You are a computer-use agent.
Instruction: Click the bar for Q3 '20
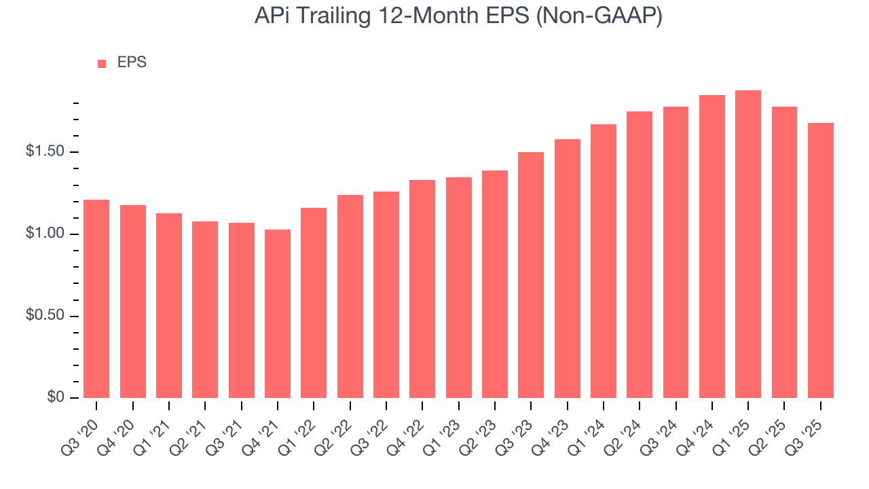coord(96,299)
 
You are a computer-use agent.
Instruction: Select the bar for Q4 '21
coord(278,314)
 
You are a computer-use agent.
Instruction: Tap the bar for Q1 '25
coord(748,244)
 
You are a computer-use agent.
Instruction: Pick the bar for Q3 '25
coord(821,261)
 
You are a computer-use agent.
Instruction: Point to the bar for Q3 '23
coord(531,275)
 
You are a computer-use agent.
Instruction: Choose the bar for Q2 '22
coord(350,297)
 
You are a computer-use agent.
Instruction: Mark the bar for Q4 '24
coord(712,247)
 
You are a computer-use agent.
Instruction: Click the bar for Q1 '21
coord(169,306)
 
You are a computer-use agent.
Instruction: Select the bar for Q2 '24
coord(640,255)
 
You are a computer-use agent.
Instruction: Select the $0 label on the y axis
coord(55,397)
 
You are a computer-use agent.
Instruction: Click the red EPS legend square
coord(102,63)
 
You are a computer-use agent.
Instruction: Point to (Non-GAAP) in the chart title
coord(599,16)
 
